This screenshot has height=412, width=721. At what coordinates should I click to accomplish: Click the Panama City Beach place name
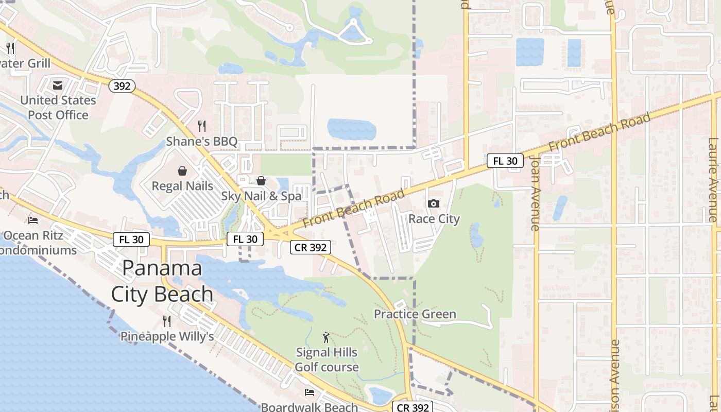pyautogui.click(x=162, y=281)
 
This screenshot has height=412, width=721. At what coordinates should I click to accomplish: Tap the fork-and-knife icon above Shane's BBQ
pyautogui.click(x=202, y=126)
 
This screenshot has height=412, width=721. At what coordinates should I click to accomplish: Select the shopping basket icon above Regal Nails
pyautogui.click(x=182, y=170)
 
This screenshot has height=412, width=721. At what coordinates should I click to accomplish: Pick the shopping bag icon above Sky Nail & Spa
pyautogui.click(x=261, y=181)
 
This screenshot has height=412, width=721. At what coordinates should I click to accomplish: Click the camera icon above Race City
pyautogui.click(x=434, y=203)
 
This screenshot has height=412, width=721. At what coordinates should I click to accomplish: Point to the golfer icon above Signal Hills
pyautogui.click(x=326, y=338)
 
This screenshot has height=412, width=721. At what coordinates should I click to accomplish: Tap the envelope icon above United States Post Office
pyautogui.click(x=57, y=85)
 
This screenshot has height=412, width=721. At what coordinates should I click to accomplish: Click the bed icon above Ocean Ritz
pyautogui.click(x=33, y=220)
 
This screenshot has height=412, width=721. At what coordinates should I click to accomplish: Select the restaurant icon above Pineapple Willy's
pyautogui.click(x=167, y=321)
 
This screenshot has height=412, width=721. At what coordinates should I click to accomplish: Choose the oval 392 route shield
pyautogui.click(x=122, y=86)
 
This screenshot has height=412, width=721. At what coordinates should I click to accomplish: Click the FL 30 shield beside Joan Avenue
pyautogui.click(x=505, y=161)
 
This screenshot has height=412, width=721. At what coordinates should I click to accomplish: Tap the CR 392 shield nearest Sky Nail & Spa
pyautogui.click(x=310, y=247)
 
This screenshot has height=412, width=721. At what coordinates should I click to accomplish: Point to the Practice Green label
pyautogui.click(x=415, y=314)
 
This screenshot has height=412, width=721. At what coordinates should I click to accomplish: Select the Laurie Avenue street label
pyautogui.click(x=713, y=180)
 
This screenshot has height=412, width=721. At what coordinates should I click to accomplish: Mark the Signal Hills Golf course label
pyautogui.click(x=327, y=359)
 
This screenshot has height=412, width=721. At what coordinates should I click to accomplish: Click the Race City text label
pyautogui.click(x=434, y=219)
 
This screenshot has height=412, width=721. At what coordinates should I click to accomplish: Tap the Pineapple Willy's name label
pyautogui.click(x=167, y=336)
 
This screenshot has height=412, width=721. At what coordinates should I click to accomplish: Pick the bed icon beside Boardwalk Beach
pyautogui.click(x=310, y=392)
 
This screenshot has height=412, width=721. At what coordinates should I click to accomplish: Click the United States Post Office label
pyautogui.click(x=58, y=107)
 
